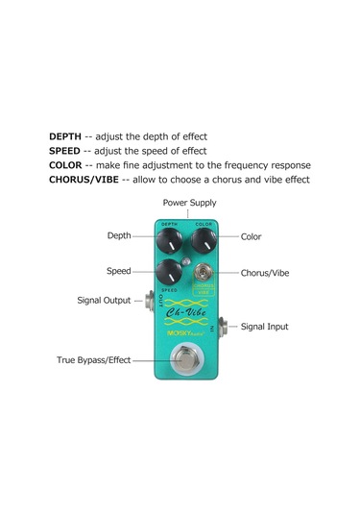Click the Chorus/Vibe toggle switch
[204, 273]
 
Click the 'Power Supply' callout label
[189, 203]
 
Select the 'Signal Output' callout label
[104, 301]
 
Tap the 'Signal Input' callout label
[264, 327]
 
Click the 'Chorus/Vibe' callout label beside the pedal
[264, 273]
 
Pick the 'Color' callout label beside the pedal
[252, 236]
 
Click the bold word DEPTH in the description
[65, 136]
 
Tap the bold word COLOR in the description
[65, 165]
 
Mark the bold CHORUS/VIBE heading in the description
[84, 180]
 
